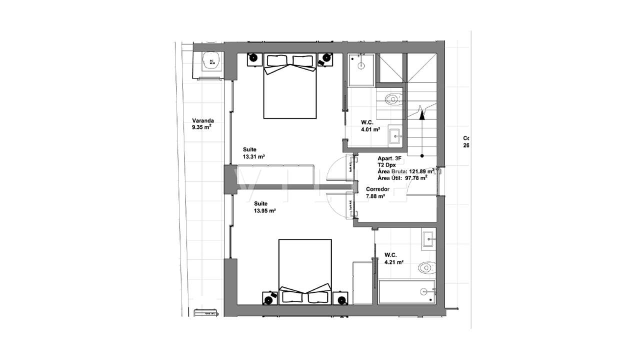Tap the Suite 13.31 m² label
253,153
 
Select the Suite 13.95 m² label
265,207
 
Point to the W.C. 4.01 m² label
370,125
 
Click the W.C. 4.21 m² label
393,258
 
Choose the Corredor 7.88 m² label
377,193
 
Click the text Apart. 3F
389,158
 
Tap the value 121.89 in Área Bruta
418,171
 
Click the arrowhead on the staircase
422,113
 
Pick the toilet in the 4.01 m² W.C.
393,98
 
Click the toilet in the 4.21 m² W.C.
426,268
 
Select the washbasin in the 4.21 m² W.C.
428,238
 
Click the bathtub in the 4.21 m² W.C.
406,292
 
